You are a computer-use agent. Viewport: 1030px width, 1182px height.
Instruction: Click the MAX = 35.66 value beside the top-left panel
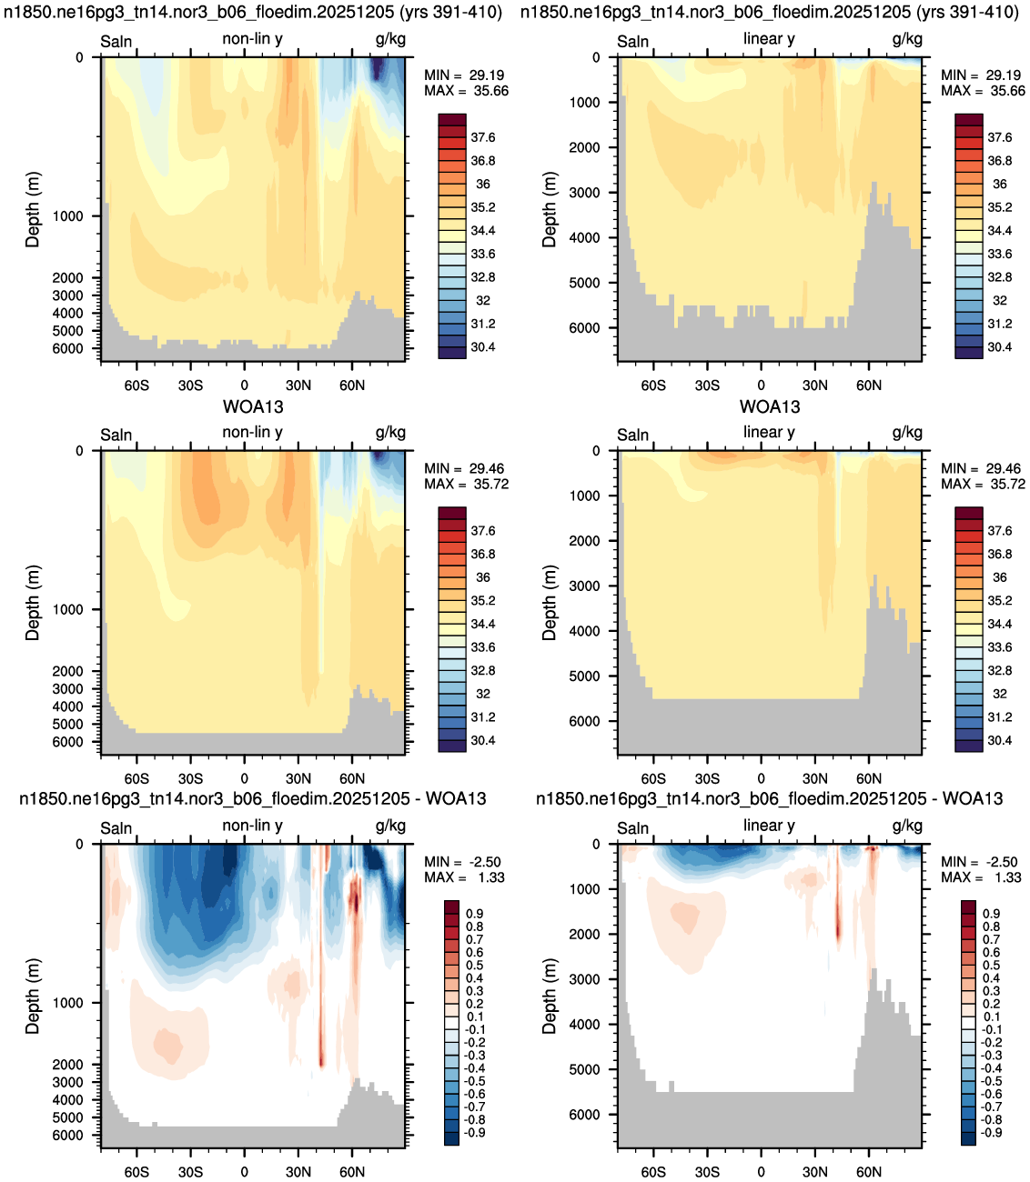coord(466,91)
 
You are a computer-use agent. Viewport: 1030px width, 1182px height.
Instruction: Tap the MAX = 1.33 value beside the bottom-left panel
coord(464,877)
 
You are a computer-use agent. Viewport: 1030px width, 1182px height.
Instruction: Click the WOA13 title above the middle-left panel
coord(253,406)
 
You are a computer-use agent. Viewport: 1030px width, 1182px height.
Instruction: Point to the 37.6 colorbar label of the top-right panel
coord(999,137)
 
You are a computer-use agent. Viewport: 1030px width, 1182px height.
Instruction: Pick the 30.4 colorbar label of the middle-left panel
coord(482,741)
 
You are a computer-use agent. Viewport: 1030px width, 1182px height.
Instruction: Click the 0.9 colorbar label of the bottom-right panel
coord(991,914)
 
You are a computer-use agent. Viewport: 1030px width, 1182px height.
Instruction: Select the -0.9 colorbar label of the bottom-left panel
coord(474,1132)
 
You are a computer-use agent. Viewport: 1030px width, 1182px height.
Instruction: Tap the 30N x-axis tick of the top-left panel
coord(298,386)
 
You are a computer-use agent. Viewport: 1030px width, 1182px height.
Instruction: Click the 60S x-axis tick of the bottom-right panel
coord(653,1172)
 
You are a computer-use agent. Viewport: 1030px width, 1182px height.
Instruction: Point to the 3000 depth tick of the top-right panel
coord(584,193)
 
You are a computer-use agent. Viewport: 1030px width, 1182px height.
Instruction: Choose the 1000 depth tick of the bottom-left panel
coord(67,1003)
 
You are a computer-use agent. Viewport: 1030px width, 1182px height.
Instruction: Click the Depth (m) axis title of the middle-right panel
coord(549,603)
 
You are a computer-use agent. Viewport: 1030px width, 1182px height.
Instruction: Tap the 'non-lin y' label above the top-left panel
coord(253,39)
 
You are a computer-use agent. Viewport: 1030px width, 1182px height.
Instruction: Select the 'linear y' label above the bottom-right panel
coord(769,826)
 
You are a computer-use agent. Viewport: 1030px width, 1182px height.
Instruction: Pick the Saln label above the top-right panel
coord(633,42)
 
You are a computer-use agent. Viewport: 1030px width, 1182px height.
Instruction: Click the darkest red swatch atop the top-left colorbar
coord(452,120)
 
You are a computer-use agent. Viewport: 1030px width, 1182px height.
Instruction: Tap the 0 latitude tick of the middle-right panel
coord(761,779)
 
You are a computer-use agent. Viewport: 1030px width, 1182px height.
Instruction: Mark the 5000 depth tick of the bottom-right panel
coord(584,1069)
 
